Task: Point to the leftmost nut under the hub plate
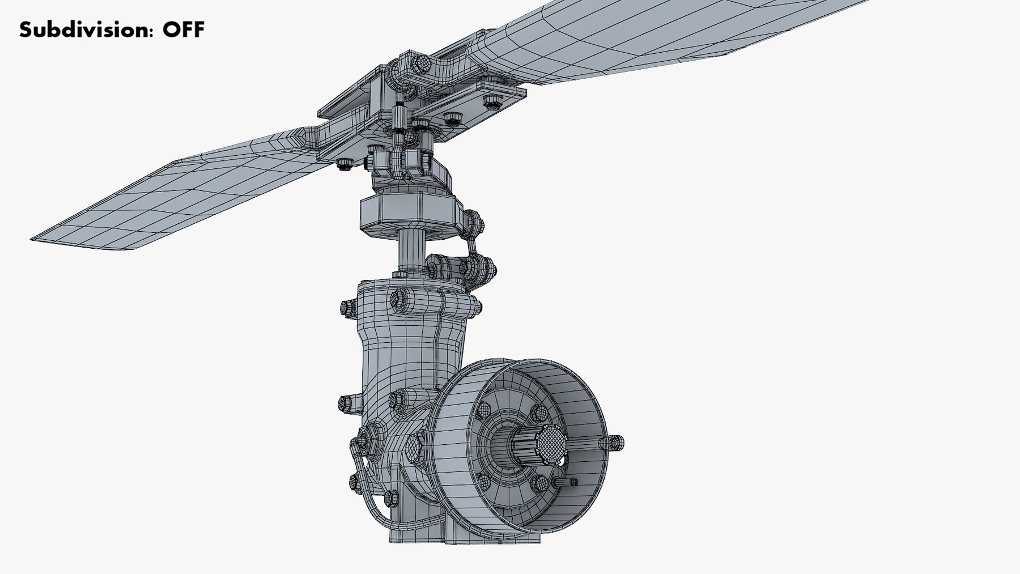coord(343,164)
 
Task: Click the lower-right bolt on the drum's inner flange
coord(540,483)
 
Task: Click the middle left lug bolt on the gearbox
coord(345,404)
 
